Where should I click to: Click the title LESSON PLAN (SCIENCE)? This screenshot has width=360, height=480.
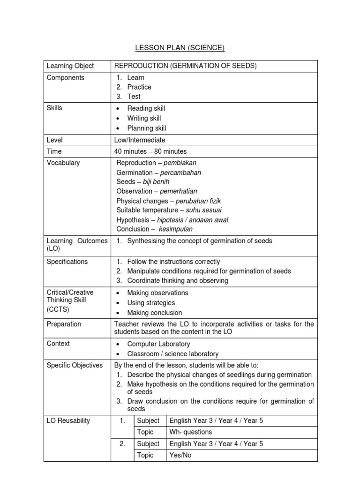pos(180,47)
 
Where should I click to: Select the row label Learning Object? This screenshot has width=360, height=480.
pos(70,66)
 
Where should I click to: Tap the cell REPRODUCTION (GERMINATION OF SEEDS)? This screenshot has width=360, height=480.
pos(186,66)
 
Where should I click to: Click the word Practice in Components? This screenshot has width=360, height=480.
pos(139,87)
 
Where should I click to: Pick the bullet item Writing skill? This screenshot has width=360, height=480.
pos(144,118)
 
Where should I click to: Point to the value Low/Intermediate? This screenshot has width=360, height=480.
pos(140,140)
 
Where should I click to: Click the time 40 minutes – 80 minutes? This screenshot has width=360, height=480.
pos(150,151)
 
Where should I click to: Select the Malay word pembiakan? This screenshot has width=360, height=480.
pos(180,163)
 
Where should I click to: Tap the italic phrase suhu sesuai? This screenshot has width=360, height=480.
pos(203,210)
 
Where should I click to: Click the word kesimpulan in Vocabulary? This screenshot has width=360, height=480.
pos(175,229)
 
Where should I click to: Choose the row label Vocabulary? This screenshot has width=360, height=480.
pos(63,163)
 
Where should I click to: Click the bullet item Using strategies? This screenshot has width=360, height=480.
pos(151,303)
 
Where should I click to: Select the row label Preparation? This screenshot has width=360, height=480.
pos(64,324)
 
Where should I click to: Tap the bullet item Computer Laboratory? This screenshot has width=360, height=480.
pos(158,344)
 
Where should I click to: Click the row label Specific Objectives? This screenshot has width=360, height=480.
pos(75,365)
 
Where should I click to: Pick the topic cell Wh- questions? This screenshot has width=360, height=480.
pos(190,432)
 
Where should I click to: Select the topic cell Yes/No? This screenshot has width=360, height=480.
pos(180,455)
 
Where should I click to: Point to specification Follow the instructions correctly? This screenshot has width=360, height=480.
pos(173,262)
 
